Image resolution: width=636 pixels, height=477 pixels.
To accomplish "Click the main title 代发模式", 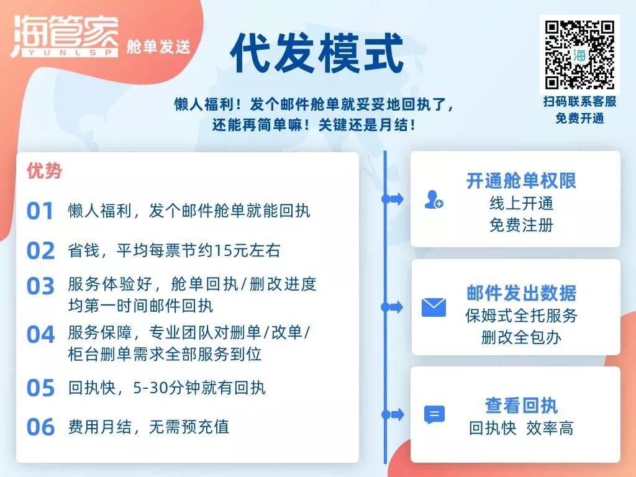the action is pyautogui.click(x=317, y=53).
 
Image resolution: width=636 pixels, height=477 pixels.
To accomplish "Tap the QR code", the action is pyautogui.click(x=579, y=55).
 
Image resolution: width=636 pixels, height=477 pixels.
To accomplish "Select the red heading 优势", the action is pyautogui.click(x=44, y=171).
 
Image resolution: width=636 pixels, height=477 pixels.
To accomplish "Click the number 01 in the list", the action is pyautogui.click(x=40, y=211).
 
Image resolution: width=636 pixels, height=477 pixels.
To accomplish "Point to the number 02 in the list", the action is pyautogui.click(x=40, y=250).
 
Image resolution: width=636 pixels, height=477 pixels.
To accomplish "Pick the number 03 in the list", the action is pyautogui.click(x=40, y=286).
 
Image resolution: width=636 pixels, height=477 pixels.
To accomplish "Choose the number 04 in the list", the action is pyautogui.click(x=40, y=335).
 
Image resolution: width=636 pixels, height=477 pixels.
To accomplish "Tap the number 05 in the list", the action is pyautogui.click(x=40, y=388).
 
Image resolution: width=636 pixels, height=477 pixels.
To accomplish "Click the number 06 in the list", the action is pyautogui.click(x=40, y=427).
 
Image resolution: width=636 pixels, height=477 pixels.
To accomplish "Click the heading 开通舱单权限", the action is pyautogui.click(x=521, y=181).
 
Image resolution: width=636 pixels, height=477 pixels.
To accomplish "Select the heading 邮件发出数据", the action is pyautogui.click(x=521, y=293).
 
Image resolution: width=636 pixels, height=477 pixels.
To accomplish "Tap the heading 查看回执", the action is pyautogui.click(x=521, y=405).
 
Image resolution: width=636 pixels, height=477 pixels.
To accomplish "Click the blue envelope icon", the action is pyautogui.click(x=434, y=307).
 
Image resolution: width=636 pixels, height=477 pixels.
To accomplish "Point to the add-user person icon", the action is pyautogui.click(x=434, y=199).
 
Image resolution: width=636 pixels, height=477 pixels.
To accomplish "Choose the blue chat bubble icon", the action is pyautogui.click(x=434, y=414).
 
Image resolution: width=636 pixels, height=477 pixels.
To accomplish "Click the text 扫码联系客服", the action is pyautogui.click(x=579, y=101).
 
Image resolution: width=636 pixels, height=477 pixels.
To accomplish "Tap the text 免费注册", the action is pyautogui.click(x=521, y=225).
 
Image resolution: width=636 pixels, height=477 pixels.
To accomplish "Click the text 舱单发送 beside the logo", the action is pyautogui.click(x=158, y=47).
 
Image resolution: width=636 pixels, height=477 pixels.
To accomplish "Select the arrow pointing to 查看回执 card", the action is pyautogui.click(x=393, y=414).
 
